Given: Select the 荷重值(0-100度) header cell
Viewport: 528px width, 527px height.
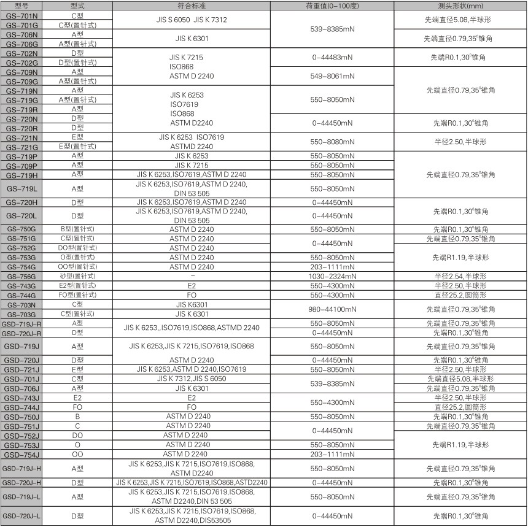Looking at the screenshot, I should click(332, 6).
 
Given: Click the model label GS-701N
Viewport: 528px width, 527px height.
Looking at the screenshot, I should click(21, 15).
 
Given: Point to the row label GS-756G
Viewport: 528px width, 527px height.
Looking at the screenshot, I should click(21, 277).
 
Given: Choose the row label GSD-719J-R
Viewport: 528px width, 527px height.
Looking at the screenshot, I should click(21, 323).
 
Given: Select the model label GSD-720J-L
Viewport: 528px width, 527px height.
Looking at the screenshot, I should click(21, 517).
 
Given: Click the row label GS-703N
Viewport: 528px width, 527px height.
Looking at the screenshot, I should click(21, 304).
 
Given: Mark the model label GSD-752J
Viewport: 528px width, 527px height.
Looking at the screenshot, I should click(21, 434).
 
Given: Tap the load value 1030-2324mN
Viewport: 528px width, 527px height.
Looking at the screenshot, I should click(332, 277).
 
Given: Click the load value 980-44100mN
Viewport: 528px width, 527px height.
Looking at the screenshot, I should click(332, 309).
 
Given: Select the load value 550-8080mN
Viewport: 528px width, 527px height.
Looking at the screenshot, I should click(332, 142).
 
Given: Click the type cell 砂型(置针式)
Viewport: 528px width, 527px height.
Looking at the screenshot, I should click(77, 277).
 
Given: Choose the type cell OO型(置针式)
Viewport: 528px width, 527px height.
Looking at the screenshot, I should click(77, 267).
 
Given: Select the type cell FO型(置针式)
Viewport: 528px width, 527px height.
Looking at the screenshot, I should click(77, 295).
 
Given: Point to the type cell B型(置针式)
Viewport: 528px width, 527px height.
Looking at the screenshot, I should click(77, 229).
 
